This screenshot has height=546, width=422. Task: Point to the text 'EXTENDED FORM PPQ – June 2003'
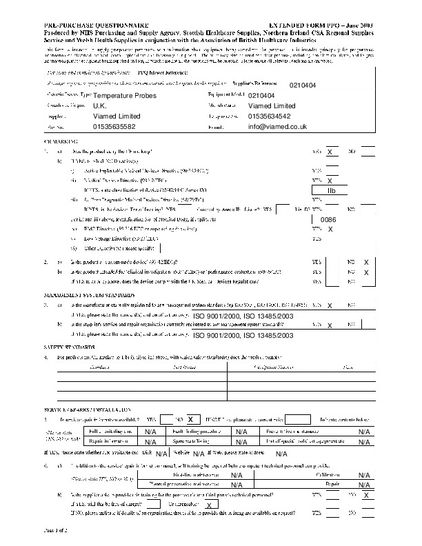[x=324, y=24]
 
